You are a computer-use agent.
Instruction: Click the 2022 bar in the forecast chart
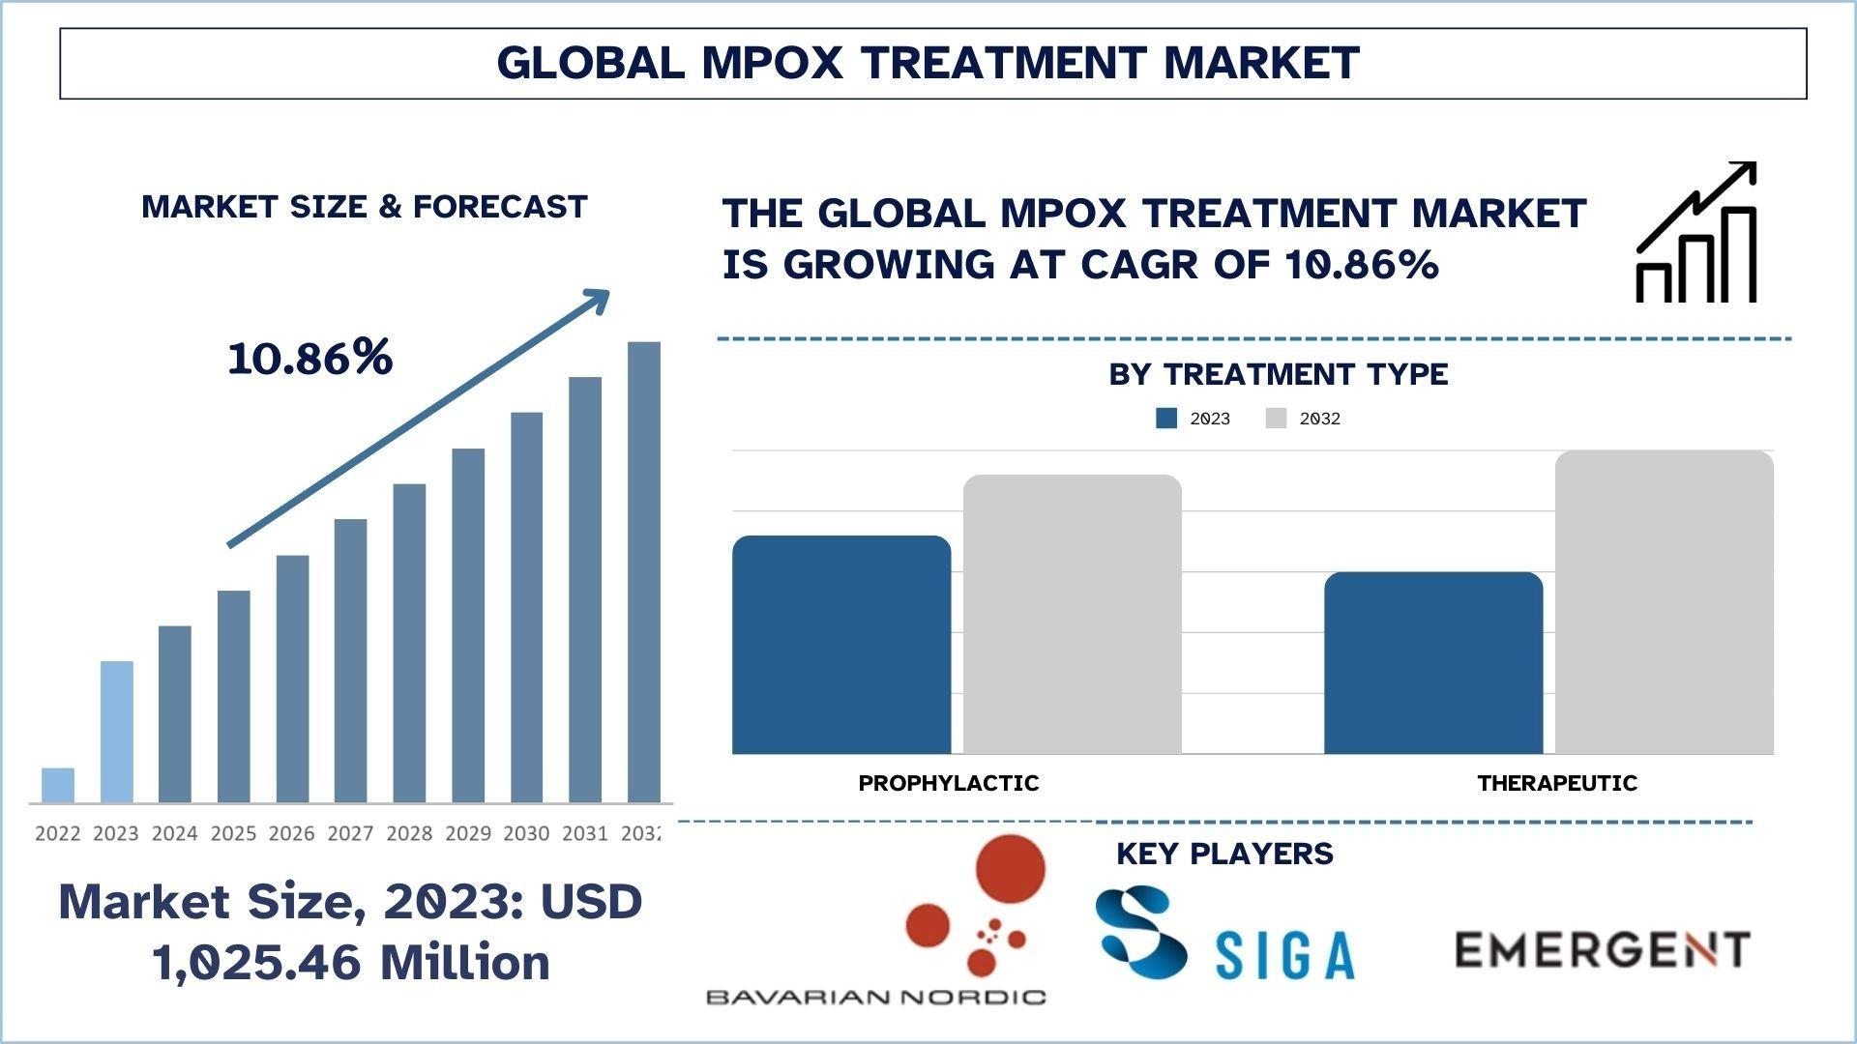(x=58, y=785)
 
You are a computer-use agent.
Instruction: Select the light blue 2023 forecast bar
(x=116, y=732)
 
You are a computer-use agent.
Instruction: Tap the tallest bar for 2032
(x=643, y=572)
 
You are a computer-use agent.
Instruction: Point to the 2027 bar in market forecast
(x=350, y=661)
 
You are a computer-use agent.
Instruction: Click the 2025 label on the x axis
(x=233, y=833)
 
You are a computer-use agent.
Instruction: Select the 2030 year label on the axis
(x=526, y=833)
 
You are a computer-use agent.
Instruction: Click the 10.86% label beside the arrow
(x=310, y=358)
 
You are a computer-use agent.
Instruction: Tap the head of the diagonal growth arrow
(x=599, y=299)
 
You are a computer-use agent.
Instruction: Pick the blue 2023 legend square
(x=1166, y=419)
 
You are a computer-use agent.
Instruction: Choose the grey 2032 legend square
(x=1276, y=419)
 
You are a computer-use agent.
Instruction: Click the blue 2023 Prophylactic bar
(x=840, y=645)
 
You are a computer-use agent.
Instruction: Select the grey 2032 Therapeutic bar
(x=1664, y=602)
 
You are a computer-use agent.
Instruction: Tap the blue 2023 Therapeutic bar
(x=1432, y=663)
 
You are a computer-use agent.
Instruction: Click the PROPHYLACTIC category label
(x=948, y=783)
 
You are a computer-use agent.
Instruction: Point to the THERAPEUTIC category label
(x=1557, y=783)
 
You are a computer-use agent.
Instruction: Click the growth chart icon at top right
(x=1695, y=233)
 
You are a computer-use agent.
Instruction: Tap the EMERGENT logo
(x=1602, y=949)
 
